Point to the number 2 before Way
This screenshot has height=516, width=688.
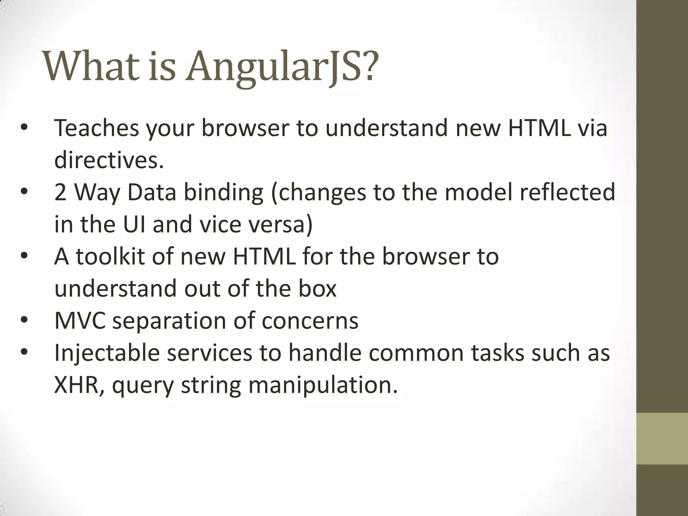(x=60, y=192)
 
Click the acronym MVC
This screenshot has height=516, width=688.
(x=80, y=321)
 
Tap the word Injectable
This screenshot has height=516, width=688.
(x=107, y=353)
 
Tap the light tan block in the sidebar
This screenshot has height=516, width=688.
(x=662, y=439)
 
